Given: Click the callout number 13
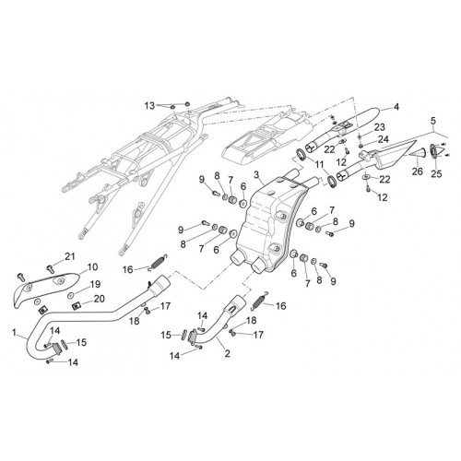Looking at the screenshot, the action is [x=149, y=106].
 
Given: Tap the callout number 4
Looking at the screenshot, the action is [x=396, y=107].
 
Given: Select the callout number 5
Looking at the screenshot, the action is [x=432, y=121].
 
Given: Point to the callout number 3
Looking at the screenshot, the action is [x=256, y=175].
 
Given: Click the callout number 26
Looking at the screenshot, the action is [x=418, y=171].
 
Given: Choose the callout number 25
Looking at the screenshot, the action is [x=436, y=173].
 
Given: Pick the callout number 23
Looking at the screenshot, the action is [x=380, y=127].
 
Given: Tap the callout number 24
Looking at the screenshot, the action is [x=383, y=139].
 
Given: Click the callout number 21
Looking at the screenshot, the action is [x=69, y=256].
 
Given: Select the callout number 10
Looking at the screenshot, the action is [x=92, y=266].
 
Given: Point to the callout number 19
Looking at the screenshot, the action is [x=95, y=284].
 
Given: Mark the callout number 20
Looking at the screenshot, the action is [x=99, y=299].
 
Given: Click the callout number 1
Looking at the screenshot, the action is [x=14, y=332].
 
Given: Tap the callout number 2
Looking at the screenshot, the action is [x=227, y=353].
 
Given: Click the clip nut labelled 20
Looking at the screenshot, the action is [x=76, y=306].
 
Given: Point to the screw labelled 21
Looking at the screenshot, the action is [x=50, y=268].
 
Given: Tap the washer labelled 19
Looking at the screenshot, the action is [x=70, y=295].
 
